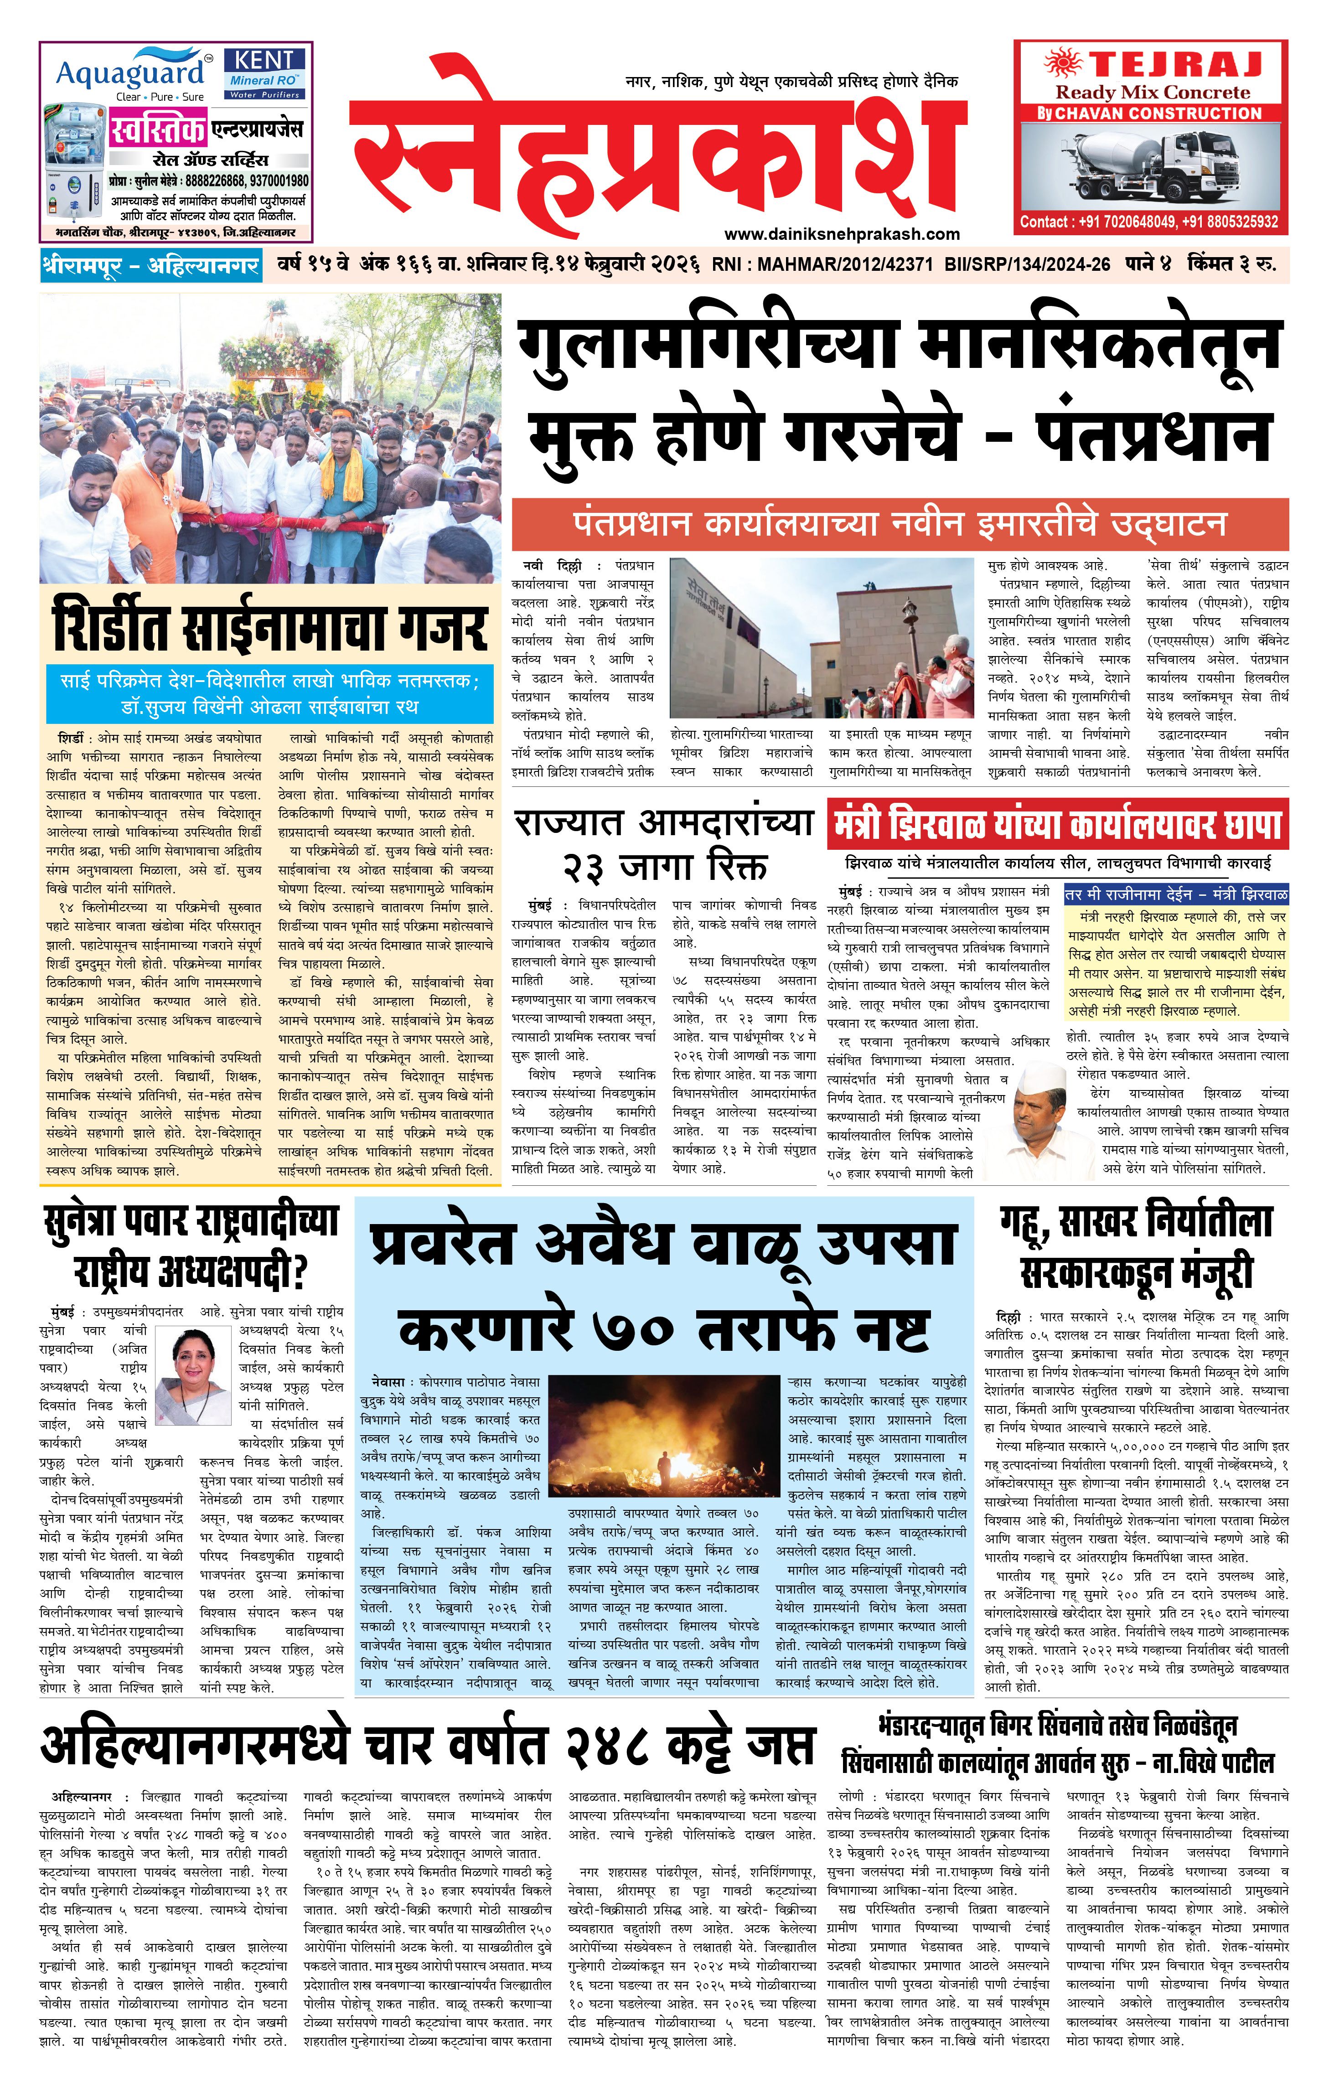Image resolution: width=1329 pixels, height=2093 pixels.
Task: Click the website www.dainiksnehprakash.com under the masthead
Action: (841, 234)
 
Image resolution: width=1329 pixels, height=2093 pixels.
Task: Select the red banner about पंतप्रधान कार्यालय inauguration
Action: (900, 524)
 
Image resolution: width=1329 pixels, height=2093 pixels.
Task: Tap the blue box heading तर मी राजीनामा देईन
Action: (1175, 894)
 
